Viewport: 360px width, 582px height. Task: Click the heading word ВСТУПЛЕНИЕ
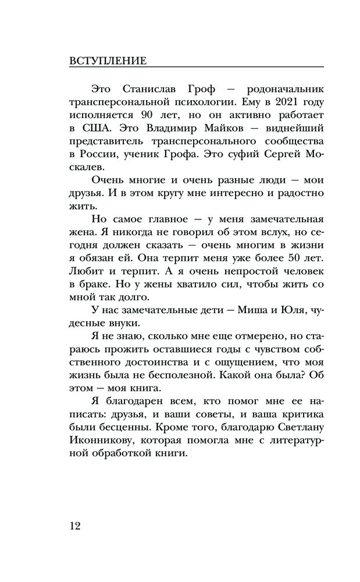pos(108,61)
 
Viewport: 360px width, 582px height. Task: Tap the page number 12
pos(76,526)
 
